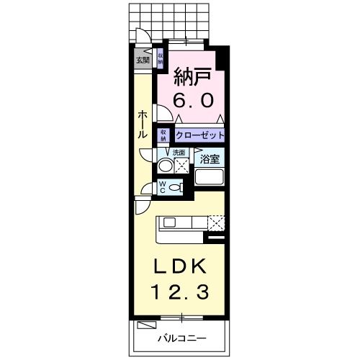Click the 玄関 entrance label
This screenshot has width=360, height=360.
141,60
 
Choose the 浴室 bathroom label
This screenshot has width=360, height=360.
210,159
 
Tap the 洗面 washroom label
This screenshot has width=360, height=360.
179,153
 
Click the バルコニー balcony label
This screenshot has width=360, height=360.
183,338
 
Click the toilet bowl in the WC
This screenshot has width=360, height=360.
178,188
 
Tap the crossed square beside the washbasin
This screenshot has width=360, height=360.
181,165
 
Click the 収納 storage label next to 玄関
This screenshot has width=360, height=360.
160,58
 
